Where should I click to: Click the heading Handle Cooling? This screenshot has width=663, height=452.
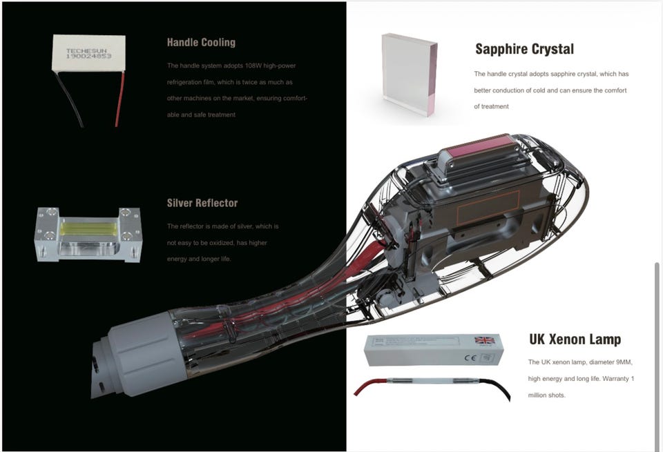(201, 42)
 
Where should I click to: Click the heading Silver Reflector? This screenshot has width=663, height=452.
(202, 203)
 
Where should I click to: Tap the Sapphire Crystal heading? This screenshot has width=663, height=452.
(524, 49)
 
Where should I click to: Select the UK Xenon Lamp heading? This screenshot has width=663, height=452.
(575, 340)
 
